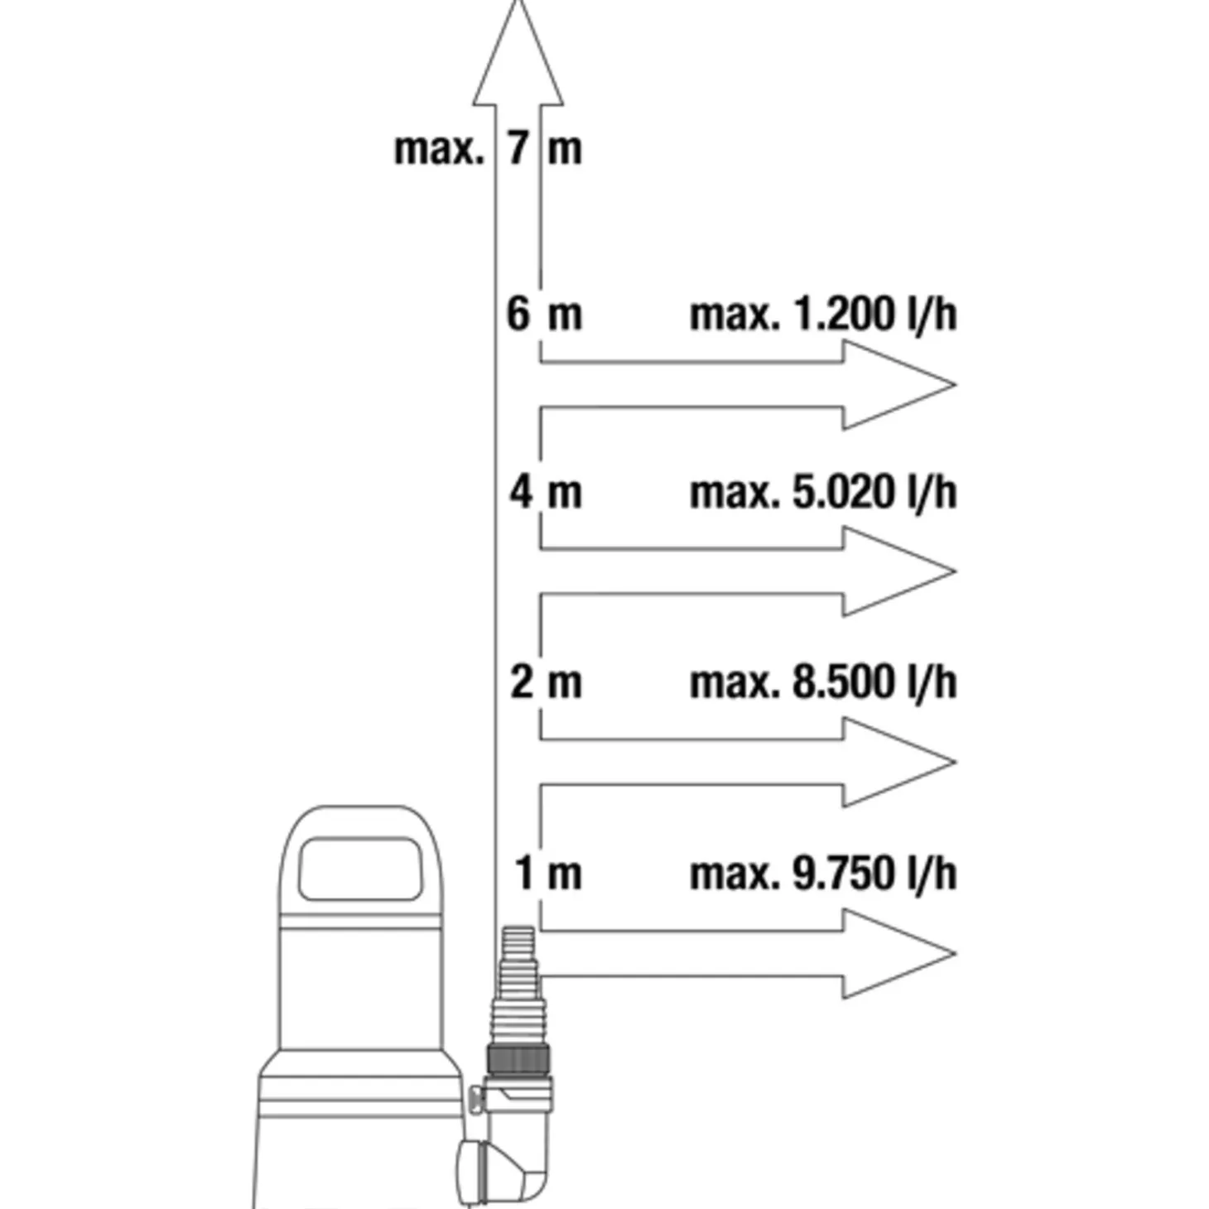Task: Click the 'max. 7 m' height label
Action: (x=488, y=149)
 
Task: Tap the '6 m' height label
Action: (x=544, y=315)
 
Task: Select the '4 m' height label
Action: (x=545, y=492)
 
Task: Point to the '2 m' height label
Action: (x=546, y=682)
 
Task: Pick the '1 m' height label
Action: (x=548, y=874)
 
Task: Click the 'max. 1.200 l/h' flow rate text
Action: (x=823, y=315)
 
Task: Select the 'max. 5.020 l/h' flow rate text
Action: (x=823, y=493)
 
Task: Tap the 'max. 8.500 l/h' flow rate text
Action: (x=823, y=683)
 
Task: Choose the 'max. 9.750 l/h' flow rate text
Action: (x=823, y=874)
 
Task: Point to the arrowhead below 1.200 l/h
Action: (x=898, y=385)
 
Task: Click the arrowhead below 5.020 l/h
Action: (x=898, y=571)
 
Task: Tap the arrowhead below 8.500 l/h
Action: (x=898, y=762)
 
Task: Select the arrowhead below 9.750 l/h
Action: (x=898, y=953)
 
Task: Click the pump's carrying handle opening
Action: (x=359, y=869)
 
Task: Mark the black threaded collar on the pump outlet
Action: (x=518, y=1060)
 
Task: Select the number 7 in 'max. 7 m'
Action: (x=518, y=149)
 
